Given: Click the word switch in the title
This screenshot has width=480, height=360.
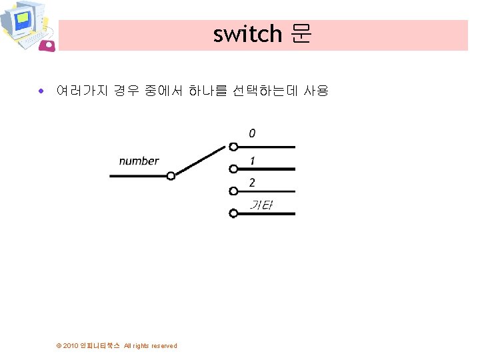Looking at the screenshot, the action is coord(247,34).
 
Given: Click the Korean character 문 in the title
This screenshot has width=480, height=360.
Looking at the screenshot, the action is coord(301,33).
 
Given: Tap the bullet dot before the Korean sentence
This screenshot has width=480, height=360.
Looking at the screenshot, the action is coord(41,91).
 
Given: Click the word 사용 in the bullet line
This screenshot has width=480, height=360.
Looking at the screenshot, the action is coord(316,90).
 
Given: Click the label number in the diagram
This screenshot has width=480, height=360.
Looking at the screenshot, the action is coord(139,161).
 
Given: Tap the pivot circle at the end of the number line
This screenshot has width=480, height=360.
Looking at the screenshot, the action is coord(171,176).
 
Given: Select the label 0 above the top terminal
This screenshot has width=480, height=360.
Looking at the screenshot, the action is coord(252,133).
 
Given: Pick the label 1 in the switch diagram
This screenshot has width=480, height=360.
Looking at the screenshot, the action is coord(252,161).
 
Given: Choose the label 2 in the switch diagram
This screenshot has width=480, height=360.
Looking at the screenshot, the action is coord(252,182).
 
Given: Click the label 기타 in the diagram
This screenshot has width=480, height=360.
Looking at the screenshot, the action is coord(261,205).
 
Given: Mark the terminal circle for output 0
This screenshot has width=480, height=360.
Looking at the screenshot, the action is coord(233,147).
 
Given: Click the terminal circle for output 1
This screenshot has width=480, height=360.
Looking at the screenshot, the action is coord(233,169).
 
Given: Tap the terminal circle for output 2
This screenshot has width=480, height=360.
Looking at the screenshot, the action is coord(233,191).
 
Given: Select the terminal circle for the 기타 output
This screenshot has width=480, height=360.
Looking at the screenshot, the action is coord(233,214).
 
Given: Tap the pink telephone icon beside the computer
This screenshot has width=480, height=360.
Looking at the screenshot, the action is coord(47,45).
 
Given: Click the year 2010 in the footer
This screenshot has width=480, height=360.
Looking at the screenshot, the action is coord(71,346).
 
